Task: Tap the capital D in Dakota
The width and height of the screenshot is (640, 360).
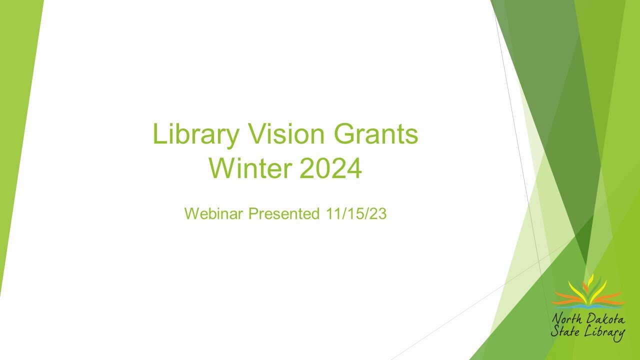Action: (588, 318)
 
